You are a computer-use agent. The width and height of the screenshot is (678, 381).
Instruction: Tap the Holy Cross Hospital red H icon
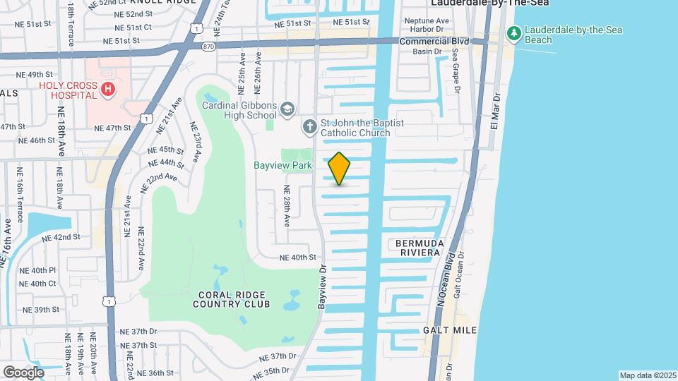(107, 89)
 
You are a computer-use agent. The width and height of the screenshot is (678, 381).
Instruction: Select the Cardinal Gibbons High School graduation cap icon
(287, 109)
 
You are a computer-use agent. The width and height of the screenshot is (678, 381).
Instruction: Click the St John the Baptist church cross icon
(309, 127)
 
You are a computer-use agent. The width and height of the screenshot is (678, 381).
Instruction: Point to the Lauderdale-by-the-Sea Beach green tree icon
(515, 33)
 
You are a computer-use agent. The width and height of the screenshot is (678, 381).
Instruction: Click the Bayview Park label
(282, 166)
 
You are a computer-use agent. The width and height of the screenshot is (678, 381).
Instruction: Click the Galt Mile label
(450, 330)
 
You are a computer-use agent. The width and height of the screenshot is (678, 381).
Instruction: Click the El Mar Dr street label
(496, 110)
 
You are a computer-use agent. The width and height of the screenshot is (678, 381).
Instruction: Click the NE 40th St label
(297, 258)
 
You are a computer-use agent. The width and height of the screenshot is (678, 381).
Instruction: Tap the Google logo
(23, 372)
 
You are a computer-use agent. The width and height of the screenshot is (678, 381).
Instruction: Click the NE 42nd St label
(61, 238)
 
